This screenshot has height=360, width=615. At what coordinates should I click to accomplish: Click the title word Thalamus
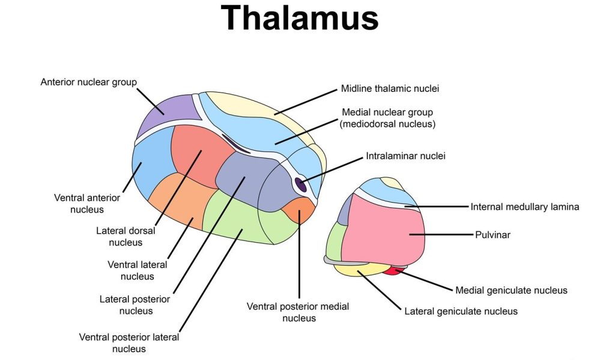pyautogui.click(x=300, y=18)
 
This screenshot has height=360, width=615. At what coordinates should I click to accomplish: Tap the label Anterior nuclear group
pyautogui.click(x=88, y=82)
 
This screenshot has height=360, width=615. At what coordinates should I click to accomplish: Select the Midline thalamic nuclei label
pyautogui.click(x=390, y=89)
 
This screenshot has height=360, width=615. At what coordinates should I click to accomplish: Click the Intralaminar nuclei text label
pyautogui.click(x=405, y=156)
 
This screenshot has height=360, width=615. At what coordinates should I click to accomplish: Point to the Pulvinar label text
pyautogui.click(x=492, y=235)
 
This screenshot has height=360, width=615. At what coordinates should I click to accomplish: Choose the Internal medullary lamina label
pyautogui.click(x=524, y=207)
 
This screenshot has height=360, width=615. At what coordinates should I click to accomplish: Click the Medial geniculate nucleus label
pyautogui.click(x=511, y=290)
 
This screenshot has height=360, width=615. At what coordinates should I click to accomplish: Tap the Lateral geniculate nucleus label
pyautogui.click(x=461, y=311)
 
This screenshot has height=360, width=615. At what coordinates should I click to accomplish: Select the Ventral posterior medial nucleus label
pyautogui.click(x=298, y=312)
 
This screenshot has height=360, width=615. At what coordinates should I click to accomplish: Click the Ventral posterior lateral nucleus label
pyautogui.click(x=129, y=343)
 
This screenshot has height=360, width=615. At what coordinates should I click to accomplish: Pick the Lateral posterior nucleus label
pyautogui.click(x=136, y=305)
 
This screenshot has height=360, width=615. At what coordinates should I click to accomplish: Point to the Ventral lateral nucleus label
pyautogui.click(x=138, y=270)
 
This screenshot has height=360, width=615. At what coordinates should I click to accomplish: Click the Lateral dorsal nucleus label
pyautogui.click(x=126, y=236)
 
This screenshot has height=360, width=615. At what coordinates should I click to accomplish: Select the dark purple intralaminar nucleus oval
pyautogui.click(x=301, y=185)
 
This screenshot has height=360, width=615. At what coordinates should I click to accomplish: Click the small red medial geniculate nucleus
pyautogui.click(x=392, y=271)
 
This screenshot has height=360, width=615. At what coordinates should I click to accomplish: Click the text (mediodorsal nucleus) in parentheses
pyautogui.click(x=387, y=124)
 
